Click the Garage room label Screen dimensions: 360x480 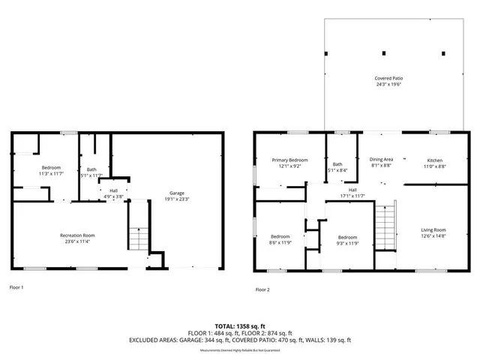click(x=177, y=193)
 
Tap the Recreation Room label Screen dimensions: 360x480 click(x=76, y=235)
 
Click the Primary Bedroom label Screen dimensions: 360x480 click(x=289, y=160)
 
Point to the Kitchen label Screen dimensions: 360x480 click(x=435, y=160)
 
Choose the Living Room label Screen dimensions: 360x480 click(x=433, y=229)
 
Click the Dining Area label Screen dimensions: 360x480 click(x=381, y=160)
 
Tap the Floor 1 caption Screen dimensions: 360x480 click(x=16, y=287)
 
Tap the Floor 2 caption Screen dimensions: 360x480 click(x=262, y=289)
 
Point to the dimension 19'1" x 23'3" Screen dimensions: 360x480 click(x=177, y=199)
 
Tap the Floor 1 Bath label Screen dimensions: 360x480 click(x=91, y=169)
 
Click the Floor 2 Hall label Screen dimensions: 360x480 click(x=352, y=190)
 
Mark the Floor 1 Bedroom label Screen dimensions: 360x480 click(x=51, y=167)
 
